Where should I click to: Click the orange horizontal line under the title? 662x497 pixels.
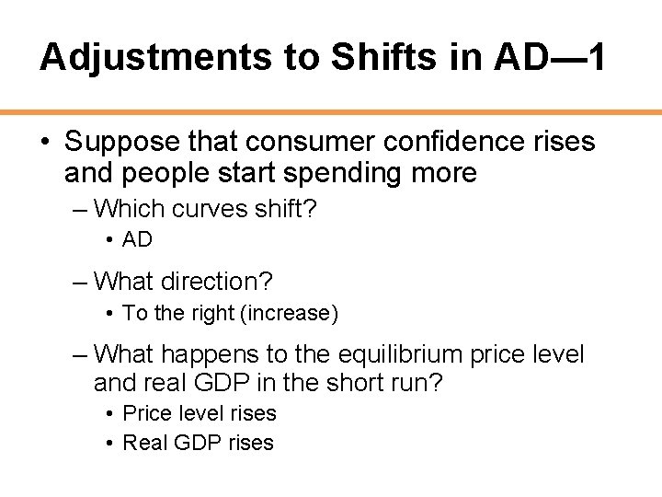click(x=331, y=111)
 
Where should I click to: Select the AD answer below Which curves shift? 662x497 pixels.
click(x=137, y=240)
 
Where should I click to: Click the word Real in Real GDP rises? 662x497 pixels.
click(x=143, y=443)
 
